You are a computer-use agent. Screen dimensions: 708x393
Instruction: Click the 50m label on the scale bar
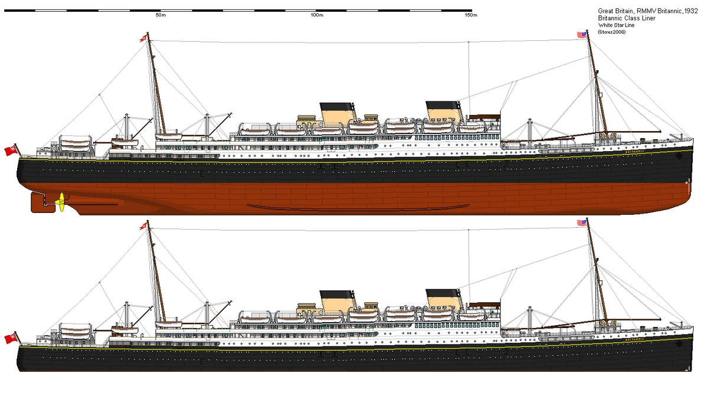pyautogui.click(x=160, y=15)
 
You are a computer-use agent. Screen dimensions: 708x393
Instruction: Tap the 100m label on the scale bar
pyautogui.click(x=316, y=15)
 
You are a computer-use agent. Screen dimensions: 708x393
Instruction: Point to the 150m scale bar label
pyautogui.click(x=470, y=15)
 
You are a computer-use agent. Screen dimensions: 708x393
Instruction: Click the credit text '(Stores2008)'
pyautogui.click(x=611, y=32)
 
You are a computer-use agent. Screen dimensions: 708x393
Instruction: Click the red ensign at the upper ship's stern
pyautogui.click(x=10, y=150)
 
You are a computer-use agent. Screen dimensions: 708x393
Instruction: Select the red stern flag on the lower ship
pyautogui.click(x=10, y=338)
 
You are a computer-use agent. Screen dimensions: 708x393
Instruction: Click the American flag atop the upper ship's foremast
pyautogui.click(x=582, y=35)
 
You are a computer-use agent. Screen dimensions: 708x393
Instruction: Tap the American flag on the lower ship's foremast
pyautogui.click(x=582, y=223)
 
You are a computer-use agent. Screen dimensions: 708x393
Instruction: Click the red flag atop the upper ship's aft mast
pyautogui.click(x=142, y=38)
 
